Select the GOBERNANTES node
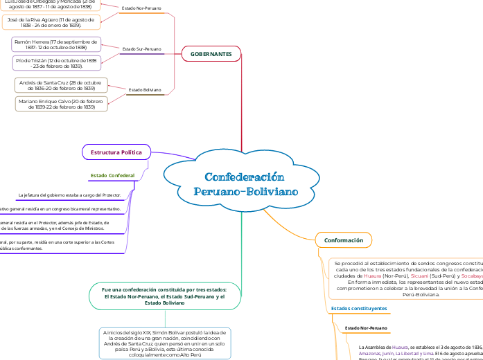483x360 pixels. [211, 53]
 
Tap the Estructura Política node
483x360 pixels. [116, 152]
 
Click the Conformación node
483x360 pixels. [343, 240]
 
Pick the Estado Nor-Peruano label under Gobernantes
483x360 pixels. [141, 8]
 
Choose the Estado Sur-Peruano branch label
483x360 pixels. [141, 50]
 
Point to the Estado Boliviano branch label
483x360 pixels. [145, 90]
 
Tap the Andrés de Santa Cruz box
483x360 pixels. [61, 85]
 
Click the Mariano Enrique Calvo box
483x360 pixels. [61, 104]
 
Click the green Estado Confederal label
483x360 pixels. [112, 175]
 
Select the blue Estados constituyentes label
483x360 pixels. [359, 308]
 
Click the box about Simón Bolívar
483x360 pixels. [164, 343]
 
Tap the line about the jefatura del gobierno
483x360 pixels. [69, 195]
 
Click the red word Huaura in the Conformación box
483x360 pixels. [373, 276]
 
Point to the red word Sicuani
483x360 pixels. [420, 276]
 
